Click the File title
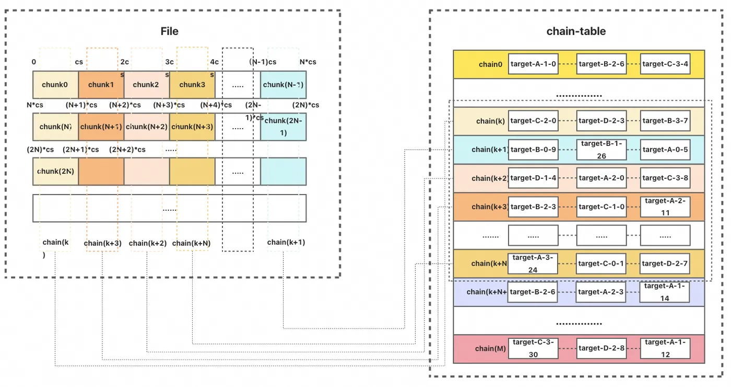[x=169, y=31]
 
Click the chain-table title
[x=576, y=31]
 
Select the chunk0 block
[x=55, y=85]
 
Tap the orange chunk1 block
[x=101, y=85]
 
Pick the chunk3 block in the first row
[x=192, y=85]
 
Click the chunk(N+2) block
[x=147, y=127]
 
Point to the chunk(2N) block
[x=55, y=171]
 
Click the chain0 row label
[x=490, y=64]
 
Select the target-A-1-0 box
[x=533, y=64]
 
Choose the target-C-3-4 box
[x=665, y=64]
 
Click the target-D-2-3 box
[x=602, y=121]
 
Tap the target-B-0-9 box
[x=533, y=150]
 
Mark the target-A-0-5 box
[x=665, y=150]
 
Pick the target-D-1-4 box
[x=533, y=178]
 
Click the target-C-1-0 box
[x=602, y=207]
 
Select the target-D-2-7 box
[x=665, y=264]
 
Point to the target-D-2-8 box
[x=602, y=348]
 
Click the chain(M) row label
[x=490, y=348]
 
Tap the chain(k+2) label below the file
[x=148, y=243]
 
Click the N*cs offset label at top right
[x=308, y=62]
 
